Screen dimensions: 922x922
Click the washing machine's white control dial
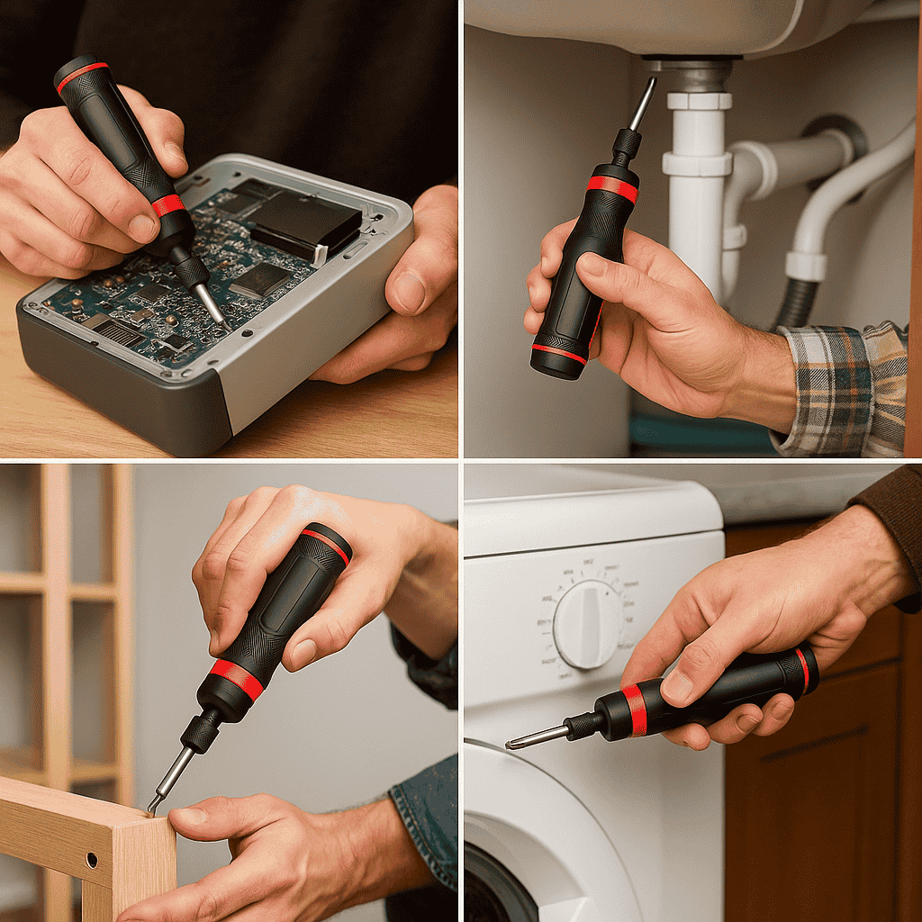tap(587, 623)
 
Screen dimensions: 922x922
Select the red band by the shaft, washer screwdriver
tap(635, 709)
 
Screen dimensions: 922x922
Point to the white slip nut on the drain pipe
tap(696, 163)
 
